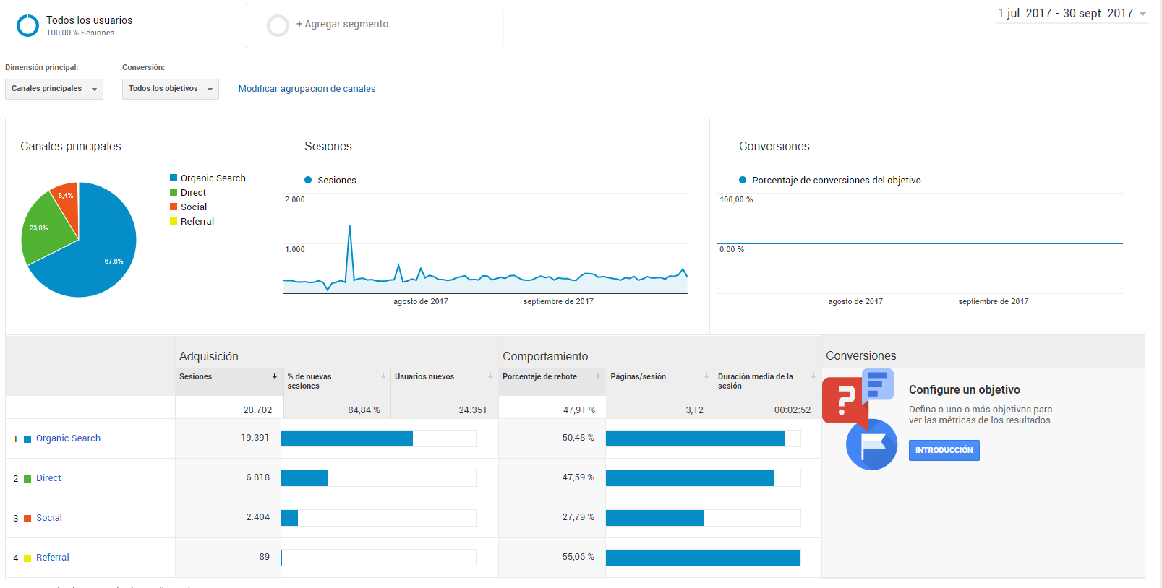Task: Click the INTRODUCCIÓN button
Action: (x=944, y=450)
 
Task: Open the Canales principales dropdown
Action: (x=54, y=89)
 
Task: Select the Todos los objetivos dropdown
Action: (x=170, y=89)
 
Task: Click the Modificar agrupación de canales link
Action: (x=307, y=89)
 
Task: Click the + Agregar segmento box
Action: (x=379, y=25)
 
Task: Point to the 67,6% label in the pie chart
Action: (x=114, y=261)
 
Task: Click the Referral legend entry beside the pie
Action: (x=192, y=221)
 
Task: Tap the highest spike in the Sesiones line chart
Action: (x=350, y=226)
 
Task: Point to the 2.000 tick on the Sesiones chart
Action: (x=294, y=199)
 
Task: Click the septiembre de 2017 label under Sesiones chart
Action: (x=558, y=301)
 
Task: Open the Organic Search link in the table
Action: (x=68, y=438)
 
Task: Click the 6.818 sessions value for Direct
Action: (x=258, y=477)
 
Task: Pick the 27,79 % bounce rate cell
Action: (x=578, y=517)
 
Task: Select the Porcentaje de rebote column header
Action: (x=539, y=376)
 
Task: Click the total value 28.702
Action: (x=257, y=410)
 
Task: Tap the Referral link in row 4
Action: (x=52, y=558)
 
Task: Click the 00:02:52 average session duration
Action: (x=792, y=410)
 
